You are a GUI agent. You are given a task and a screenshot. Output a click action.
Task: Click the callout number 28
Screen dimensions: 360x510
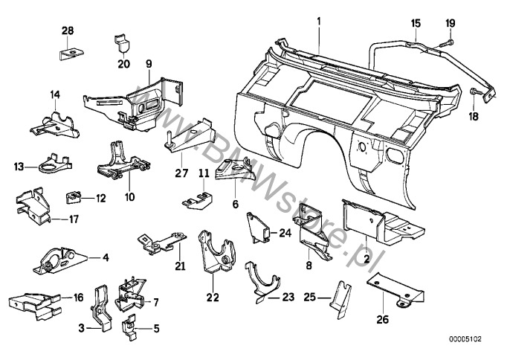click(68, 32)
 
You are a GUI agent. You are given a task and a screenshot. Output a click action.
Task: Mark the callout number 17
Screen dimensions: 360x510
click(74, 219)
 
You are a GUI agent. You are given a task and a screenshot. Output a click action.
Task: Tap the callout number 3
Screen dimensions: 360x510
click(80, 327)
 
